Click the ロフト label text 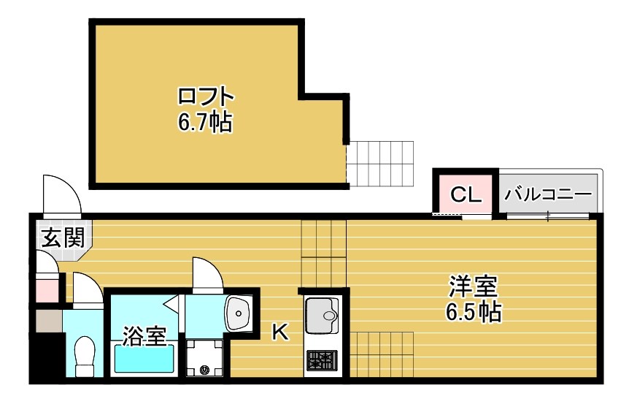pos(207,97)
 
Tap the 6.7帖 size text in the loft pos(205,122)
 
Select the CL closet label pos(465,195)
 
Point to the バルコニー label pos(547,195)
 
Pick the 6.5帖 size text pos(473,312)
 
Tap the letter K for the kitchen pos(279,332)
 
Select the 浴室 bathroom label pos(144,336)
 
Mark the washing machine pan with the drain pos(206,358)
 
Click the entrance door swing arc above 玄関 pos(60,193)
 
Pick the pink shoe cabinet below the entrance pos(47,287)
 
